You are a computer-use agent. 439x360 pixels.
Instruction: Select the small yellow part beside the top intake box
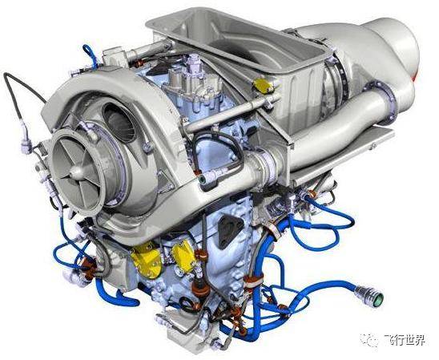(x=263, y=85)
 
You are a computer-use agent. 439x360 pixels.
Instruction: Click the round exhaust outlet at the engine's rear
(x=397, y=47)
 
